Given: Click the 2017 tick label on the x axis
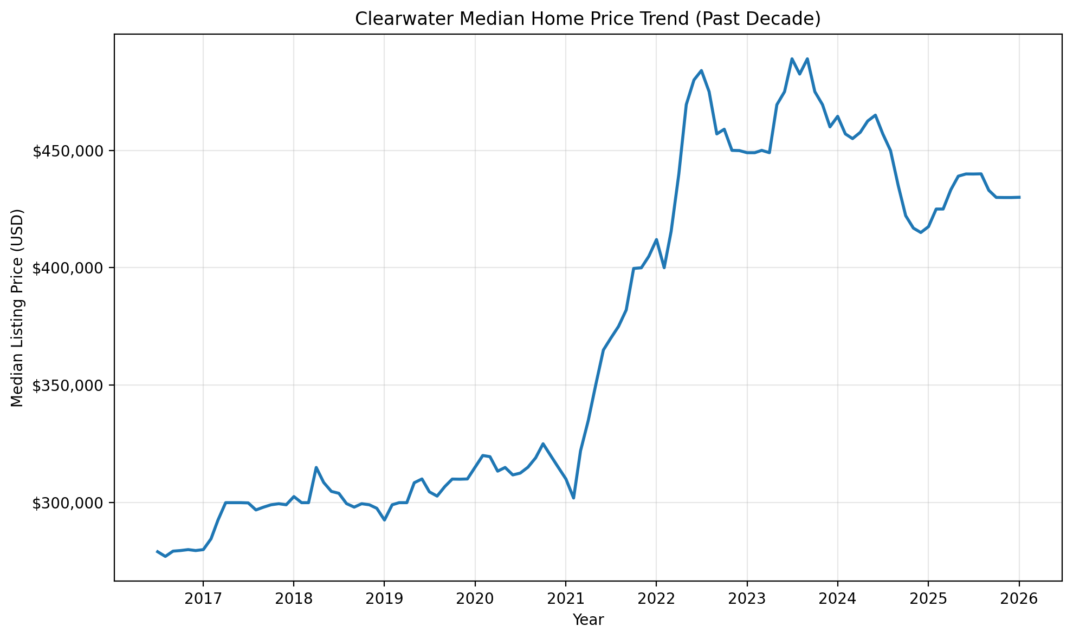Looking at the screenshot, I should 203,599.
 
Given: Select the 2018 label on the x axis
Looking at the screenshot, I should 293,599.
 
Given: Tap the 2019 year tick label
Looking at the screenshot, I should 384,599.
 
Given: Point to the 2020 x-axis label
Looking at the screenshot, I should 475,599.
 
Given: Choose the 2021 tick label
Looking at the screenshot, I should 565,599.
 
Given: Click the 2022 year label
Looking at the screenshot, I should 656,599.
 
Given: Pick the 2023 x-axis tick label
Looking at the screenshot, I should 747,599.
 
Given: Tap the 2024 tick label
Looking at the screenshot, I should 837,599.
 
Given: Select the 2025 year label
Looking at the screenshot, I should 928,599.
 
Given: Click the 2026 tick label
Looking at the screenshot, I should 1019,599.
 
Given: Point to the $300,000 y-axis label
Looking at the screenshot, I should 68,503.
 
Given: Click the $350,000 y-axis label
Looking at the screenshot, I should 68,386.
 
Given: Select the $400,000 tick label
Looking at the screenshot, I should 68,268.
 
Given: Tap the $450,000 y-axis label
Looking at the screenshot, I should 68,151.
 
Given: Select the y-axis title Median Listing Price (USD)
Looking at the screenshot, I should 17,308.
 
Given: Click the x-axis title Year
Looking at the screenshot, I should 588,620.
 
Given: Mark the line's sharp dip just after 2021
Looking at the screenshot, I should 573,498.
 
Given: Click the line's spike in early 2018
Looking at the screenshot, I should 316,467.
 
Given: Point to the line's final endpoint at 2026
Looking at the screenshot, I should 1019,197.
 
